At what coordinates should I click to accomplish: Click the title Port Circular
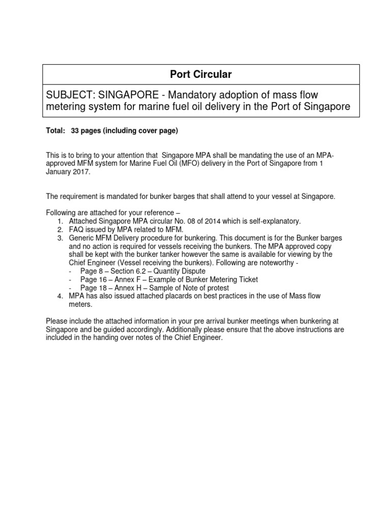pyautogui.click(x=201, y=74)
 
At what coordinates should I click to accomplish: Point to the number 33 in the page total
pyautogui.click(x=75, y=131)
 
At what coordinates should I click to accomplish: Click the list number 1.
pyautogui.click(x=60, y=221)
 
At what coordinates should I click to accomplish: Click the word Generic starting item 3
pyautogui.click(x=81, y=238)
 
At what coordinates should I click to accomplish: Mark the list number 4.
pyautogui.click(x=60, y=296)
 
